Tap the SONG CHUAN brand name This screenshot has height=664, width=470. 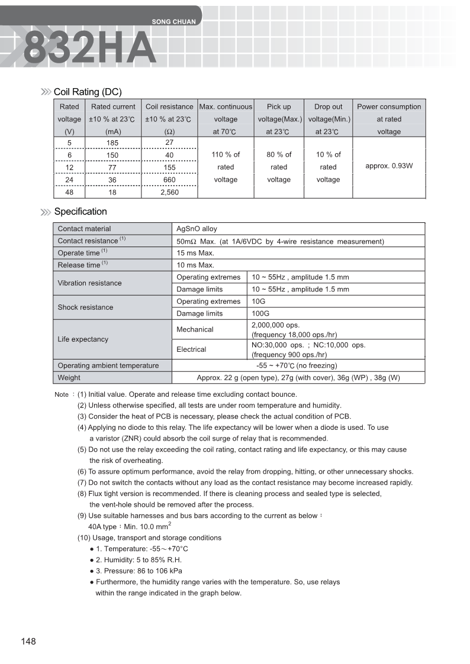click(173, 22)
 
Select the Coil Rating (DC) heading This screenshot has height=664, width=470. click(88, 92)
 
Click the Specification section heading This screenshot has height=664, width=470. click(81, 212)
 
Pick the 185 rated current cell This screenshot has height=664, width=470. click(112, 143)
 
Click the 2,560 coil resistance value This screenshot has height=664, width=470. click(169, 192)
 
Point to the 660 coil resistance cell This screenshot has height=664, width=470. click(169, 180)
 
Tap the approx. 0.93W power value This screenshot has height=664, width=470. click(389, 166)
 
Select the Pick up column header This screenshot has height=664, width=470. click(279, 107)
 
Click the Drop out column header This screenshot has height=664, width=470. click(328, 107)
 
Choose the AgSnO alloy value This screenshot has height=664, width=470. click(197, 229)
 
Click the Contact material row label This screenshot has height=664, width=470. click(84, 229)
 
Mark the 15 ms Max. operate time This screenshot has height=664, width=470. click(195, 253)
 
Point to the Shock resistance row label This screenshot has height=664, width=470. click(85, 307)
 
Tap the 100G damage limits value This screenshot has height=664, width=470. click(260, 313)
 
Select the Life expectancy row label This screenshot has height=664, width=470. click(83, 339)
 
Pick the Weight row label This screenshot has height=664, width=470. click(69, 378)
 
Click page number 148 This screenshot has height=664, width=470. click(28, 642)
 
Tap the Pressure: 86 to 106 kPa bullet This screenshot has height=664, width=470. click(139, 571)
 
